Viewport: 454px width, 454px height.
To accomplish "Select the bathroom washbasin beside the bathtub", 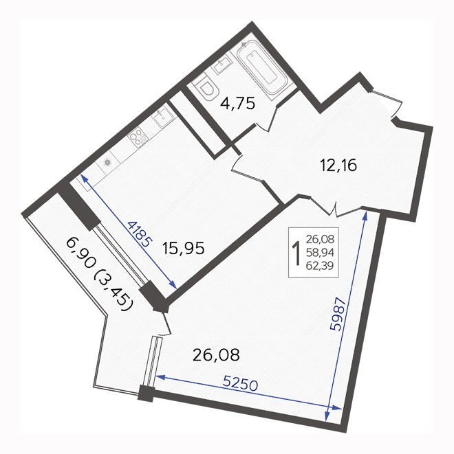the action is [x=222, y=65].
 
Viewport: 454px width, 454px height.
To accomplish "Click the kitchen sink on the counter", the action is [x=163, y=116].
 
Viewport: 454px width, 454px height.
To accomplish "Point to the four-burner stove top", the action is [x=138, y=137].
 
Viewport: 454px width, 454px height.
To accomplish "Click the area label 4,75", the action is [x=237, y=103].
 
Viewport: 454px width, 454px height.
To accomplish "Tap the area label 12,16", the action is [x=338, y=166].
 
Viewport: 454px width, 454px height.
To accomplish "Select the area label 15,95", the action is [x=184, y=249].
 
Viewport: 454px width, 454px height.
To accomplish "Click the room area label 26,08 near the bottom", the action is [x=216, y=355].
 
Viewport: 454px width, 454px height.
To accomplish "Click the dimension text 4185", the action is [x=140, y=234].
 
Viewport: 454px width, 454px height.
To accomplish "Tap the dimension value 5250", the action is [x=240, y=385].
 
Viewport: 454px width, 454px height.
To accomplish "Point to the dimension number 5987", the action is [x=338, y=314].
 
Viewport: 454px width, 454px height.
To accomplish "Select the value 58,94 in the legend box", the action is [x=320, y=253].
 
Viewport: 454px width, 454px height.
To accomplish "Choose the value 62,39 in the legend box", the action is [x=320, y=266].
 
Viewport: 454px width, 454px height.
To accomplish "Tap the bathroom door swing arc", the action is [x=266, y=120].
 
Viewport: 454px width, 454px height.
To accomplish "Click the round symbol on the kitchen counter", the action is [x=107, y=162].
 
